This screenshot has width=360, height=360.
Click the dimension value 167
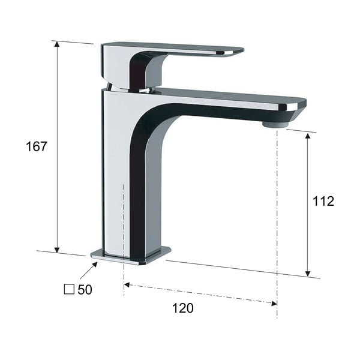[36, 146]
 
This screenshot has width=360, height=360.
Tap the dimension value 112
[323, 201]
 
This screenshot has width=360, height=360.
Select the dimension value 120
[183, 308]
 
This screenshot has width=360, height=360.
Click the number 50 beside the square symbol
[85, 290]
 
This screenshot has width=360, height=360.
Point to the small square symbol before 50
[68, 290]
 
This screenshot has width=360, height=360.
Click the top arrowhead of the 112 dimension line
[308, 136]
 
